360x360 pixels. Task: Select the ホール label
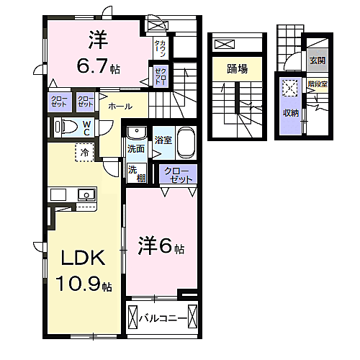pos(120,107)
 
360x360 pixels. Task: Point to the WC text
pos(86,127)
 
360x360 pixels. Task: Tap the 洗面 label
pos(135,148)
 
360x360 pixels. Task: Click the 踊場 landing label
pos(237,69)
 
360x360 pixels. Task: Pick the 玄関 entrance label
pos(318,61)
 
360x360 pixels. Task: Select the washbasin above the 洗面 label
pos(135,133)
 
